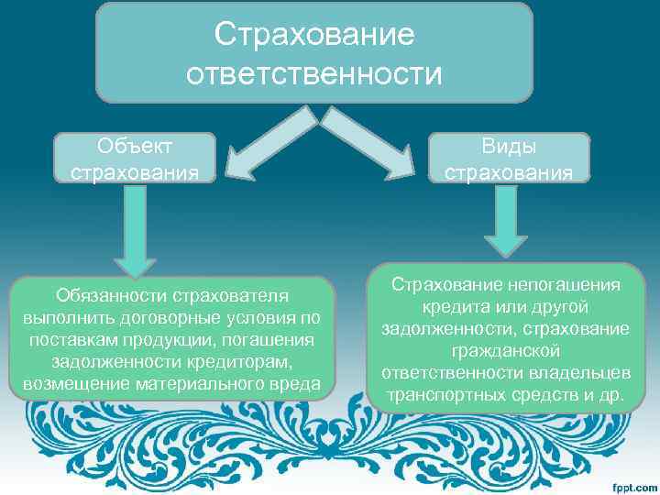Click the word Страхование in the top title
point(314,34)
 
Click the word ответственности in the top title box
point(314,72)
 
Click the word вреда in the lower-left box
point(292,383)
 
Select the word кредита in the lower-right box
point(453,308)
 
